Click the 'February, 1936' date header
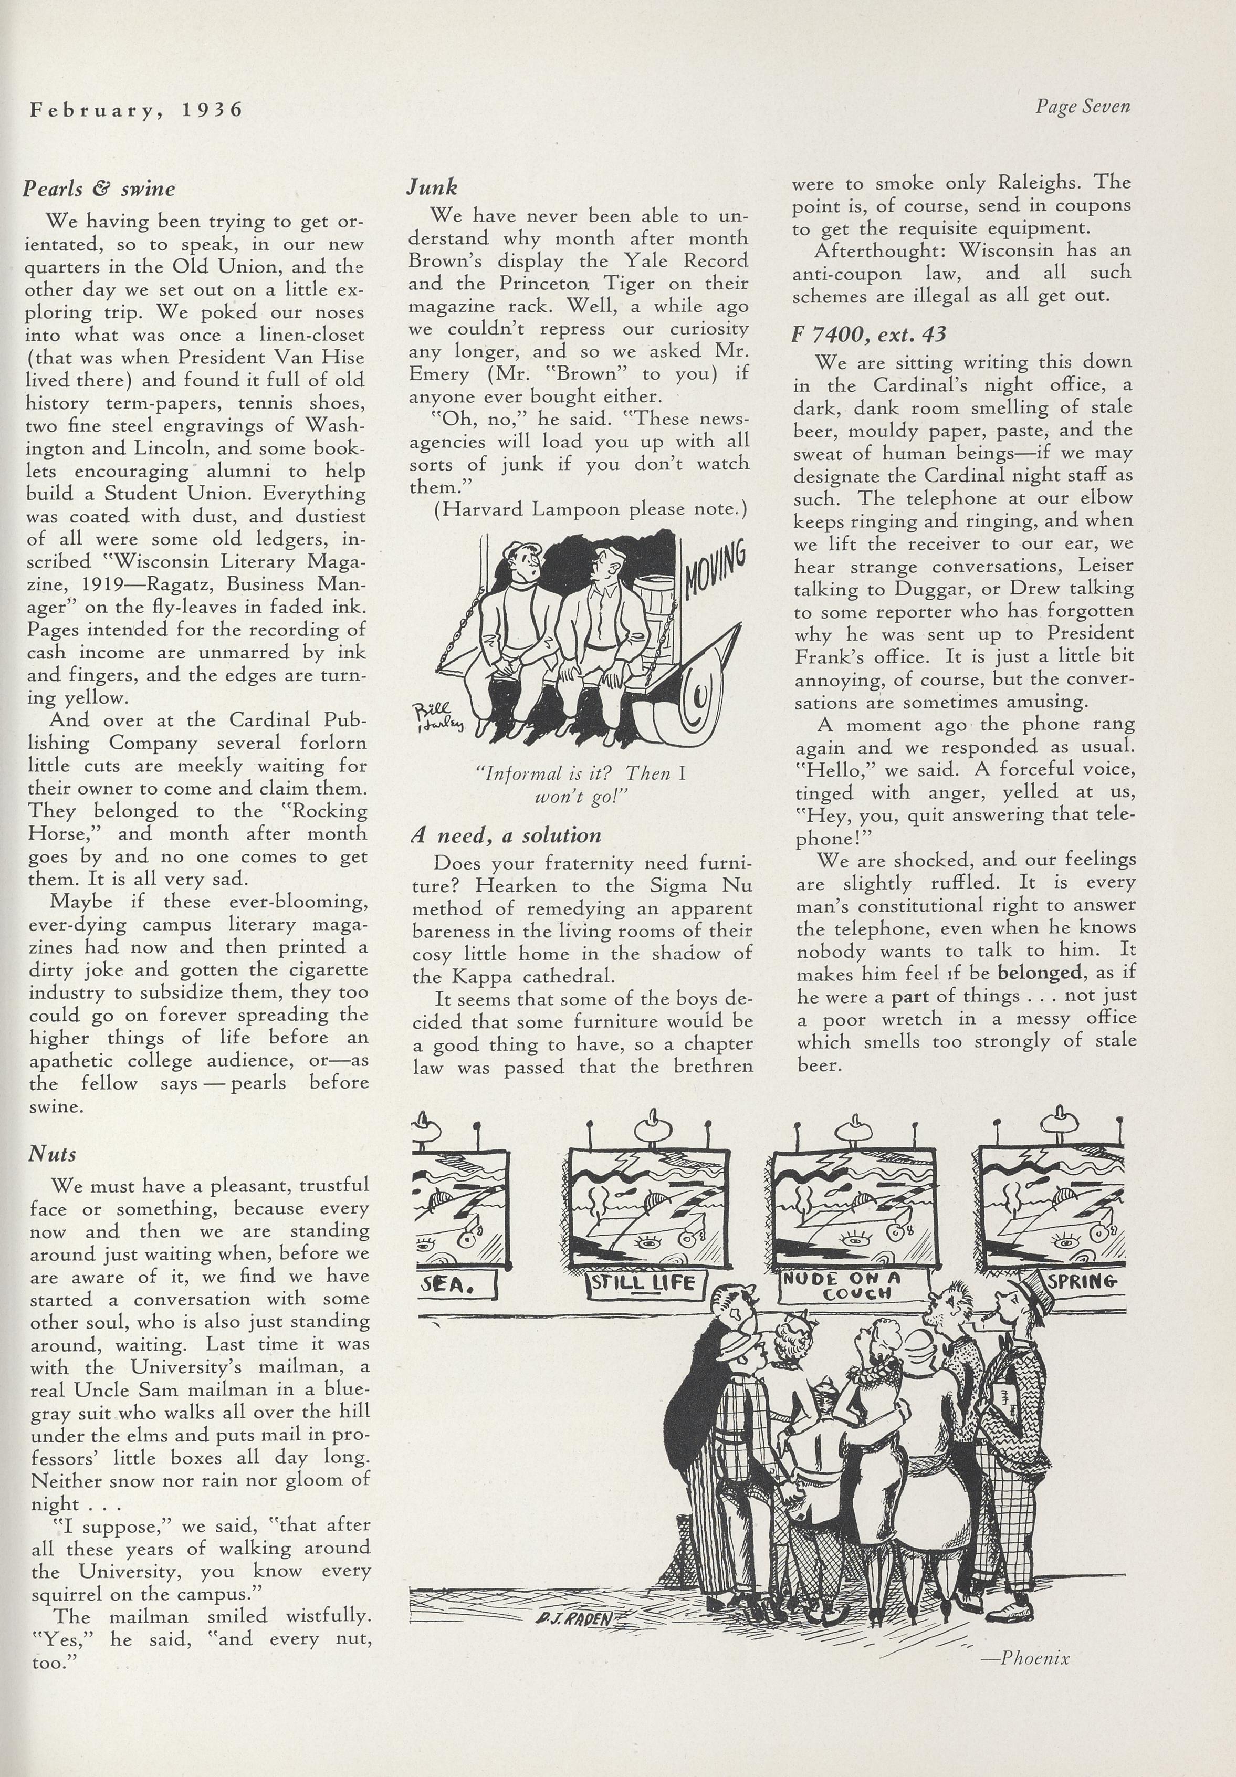[136, 110]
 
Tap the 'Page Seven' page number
[1083, 107]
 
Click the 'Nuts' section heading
[53, 1154]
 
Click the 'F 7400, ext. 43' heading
[868, 335]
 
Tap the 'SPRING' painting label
[1084, 1280]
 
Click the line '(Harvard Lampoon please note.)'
[589, 509]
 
